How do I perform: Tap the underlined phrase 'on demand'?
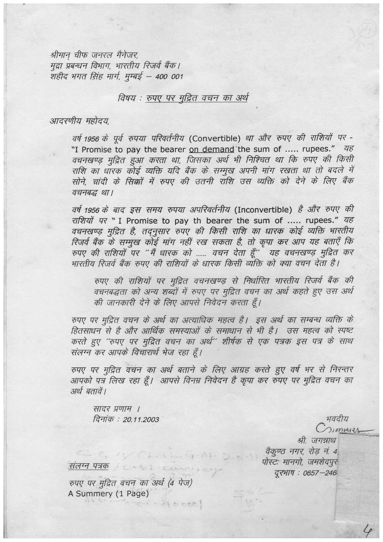click(x=212, y=149)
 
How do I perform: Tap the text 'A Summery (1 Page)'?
click(x=108, y=493)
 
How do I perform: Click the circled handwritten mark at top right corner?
click(x=362, y=33)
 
